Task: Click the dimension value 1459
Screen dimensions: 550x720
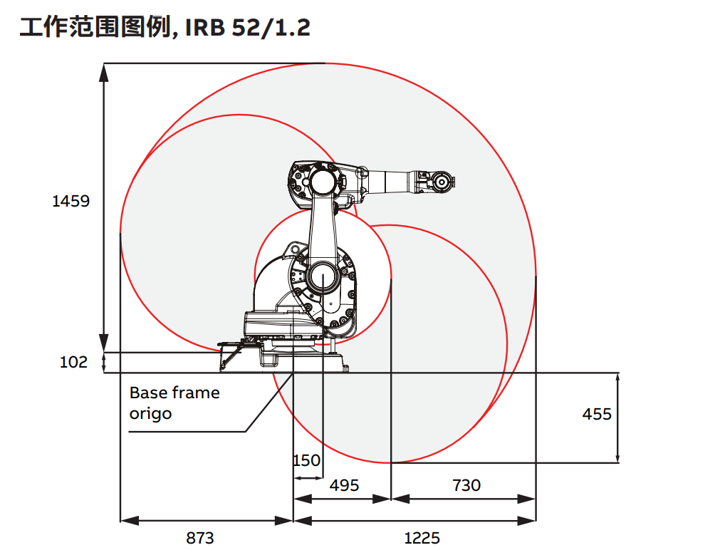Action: pos(71,201)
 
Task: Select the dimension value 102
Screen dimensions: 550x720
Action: pos(73,362)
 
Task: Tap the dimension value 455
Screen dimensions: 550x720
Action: pos(597,414)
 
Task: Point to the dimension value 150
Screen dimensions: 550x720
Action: pos(307,460)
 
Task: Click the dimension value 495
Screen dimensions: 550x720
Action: pos(344,485)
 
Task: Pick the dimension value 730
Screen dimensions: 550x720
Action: pos(466,485)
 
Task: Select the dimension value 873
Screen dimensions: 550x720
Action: pos(200,537)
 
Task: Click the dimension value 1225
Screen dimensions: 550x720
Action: pos(422,537)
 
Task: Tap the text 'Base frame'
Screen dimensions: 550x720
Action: pos(174,393)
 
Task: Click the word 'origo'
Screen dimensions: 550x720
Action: pos(150,413)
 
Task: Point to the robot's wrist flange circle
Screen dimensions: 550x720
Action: pos(442,182)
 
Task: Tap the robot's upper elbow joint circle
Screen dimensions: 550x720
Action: pos(322,180)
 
